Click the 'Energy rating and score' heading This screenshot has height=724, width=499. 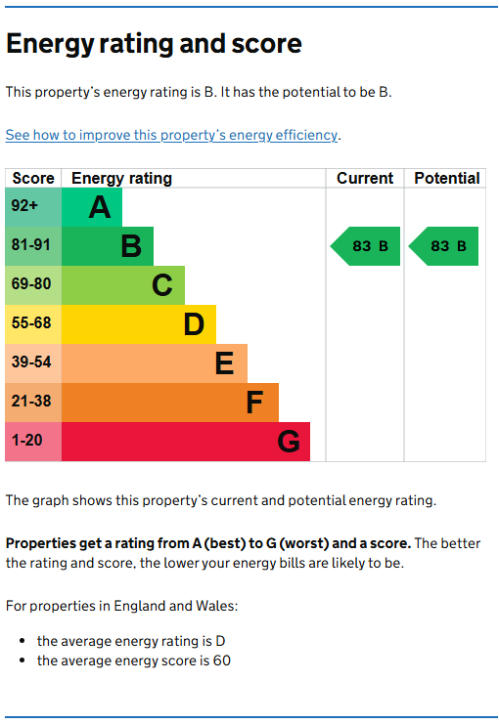click(x=154, y=44)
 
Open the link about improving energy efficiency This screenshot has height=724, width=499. click(x=172, y=135)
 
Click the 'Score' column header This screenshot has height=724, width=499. click(x=33, y=178)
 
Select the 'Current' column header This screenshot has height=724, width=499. click(x=364, y=178)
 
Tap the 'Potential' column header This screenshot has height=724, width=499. click(x=446, y=178)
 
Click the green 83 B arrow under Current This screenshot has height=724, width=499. click(x=366, y=246)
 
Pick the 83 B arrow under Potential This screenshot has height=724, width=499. click(x=444, y=246)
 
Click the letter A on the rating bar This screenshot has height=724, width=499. click(x=99, y=207)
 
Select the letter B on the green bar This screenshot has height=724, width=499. click(x=130, y=246)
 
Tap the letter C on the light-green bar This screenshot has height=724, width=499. click(x=161, y=285)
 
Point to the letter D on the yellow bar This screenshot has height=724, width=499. click(x=194, y=324)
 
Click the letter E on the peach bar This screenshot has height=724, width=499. click(x=224, y=363)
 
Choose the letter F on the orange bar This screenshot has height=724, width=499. click(x=254, y=403)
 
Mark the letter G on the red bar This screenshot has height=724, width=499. click(x=288, y=442)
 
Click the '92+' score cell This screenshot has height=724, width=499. click(x=25, y=207)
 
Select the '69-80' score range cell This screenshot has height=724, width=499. click(x=30, y=285)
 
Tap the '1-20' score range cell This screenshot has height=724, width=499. click(x=26, y=442)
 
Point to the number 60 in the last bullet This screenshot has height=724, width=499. click(x=221, y=661)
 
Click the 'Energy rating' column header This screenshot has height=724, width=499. click(x=121, y=178)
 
